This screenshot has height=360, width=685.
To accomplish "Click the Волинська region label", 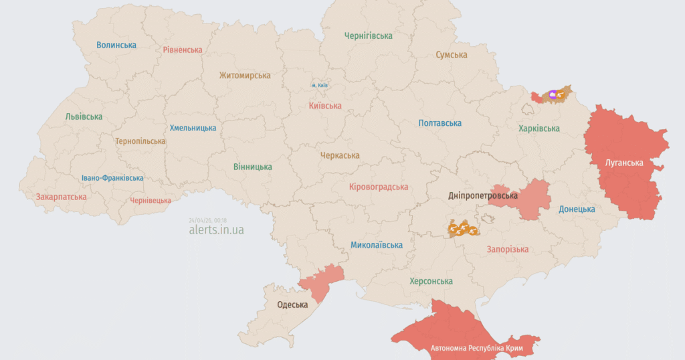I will tap(116, 45).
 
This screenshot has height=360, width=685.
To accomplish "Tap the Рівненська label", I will tap(183, 50).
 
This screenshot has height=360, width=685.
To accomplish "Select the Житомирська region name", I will tap(245, 76).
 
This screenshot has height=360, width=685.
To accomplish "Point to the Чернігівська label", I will tap(368, 35).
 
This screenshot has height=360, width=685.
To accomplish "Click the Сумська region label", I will tap(452, 55).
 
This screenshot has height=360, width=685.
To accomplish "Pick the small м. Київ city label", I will tap(319, 85).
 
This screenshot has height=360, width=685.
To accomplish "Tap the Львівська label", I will tap(84, 116).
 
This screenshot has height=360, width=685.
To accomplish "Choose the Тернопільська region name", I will tap(140, 141).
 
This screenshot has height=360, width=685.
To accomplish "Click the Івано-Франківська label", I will tap(112, 178).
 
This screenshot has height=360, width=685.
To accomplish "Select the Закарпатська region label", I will tap(62, 197).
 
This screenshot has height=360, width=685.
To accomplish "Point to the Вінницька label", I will tap(253, 167).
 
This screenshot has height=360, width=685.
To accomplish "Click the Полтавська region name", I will tap(439, 123).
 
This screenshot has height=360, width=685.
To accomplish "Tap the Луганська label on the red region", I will tap(624, 163).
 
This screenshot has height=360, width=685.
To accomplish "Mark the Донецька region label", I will tap(577, 209).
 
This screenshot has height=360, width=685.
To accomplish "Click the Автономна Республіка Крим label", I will tap(476, 349).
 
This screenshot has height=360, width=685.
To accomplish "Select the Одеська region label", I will tap(292, 304).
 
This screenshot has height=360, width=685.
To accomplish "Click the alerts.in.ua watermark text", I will tap(216, 230).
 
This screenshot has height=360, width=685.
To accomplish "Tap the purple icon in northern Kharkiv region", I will tap(553, 96).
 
